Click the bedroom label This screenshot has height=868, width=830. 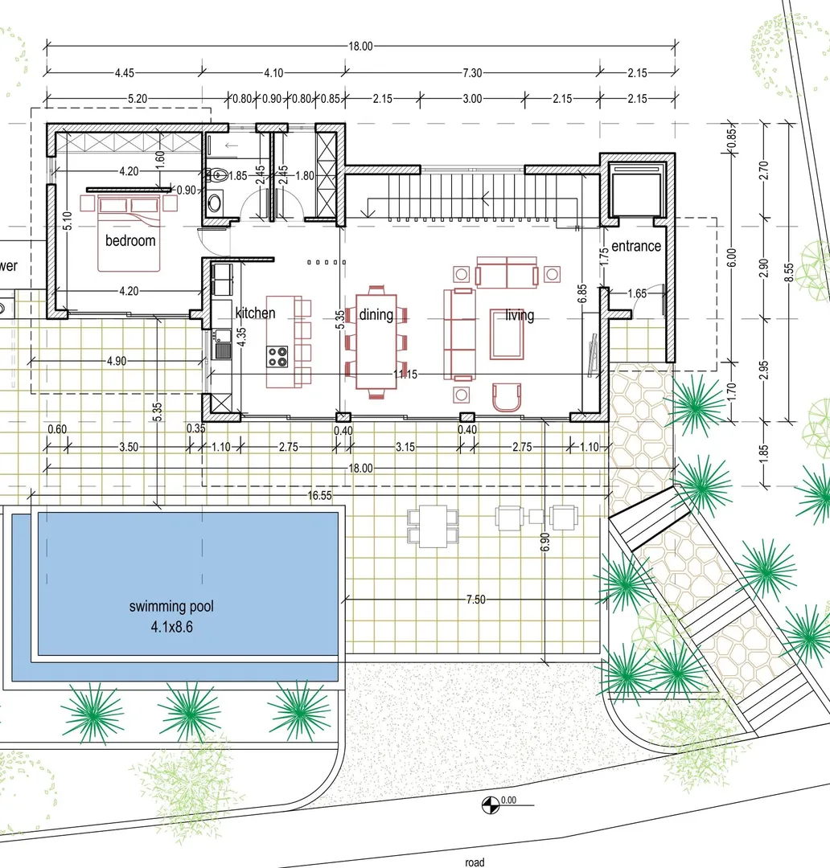point(130,241)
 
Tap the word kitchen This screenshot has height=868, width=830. point(255,313)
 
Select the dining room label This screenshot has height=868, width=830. point(376,315)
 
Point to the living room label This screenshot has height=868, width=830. point(520,316)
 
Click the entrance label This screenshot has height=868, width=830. point(636,246)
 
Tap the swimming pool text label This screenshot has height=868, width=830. point(171,607)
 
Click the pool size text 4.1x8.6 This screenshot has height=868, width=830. point(172,627)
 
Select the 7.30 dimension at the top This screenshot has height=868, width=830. point(472,72)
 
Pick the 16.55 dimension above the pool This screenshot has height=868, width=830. point(320,495)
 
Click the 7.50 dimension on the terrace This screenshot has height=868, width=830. point(475,600)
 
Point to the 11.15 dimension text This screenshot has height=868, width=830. point(405,375)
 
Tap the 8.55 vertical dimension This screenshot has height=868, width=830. point(789,272)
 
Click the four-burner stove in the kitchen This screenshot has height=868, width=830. point(277,357)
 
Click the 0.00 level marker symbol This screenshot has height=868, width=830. point(491,805)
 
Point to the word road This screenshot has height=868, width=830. point(475,862)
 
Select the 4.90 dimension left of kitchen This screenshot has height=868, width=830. point(117,361)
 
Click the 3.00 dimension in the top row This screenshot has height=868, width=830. point(472,99)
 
